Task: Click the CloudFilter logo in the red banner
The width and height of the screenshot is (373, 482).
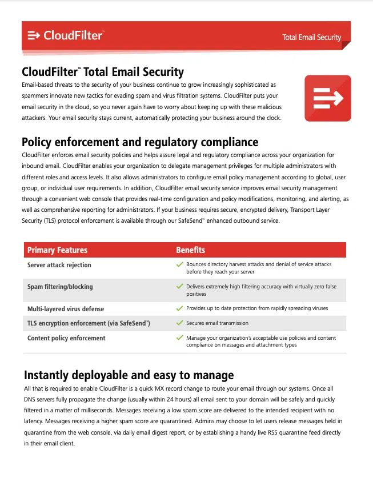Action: (x=65, y=36)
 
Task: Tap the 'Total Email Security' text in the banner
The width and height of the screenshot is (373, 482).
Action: (x=311, y=38)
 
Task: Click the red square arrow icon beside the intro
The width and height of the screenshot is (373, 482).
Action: (x=327, y=98)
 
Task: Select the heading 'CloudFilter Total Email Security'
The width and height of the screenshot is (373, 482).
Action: (x=103, y=72)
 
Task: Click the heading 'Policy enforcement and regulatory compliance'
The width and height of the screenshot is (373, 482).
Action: (x=140, y=142)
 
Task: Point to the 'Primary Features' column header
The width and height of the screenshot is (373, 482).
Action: (x=57, y=250)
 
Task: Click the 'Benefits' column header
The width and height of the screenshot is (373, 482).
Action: (x=190, y=250)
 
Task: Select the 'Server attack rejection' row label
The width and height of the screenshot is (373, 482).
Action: (x=59, y=265)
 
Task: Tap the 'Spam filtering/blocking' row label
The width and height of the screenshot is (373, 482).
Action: (x=60, y=287)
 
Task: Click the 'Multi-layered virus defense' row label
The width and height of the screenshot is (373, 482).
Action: (x=66, y=309)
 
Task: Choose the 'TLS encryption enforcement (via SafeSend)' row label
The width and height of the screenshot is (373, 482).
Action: (x=89, y=323)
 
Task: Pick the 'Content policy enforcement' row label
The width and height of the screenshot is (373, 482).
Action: (x=66, y=338)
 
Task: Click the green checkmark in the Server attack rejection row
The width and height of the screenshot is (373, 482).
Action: (x=179, y=265)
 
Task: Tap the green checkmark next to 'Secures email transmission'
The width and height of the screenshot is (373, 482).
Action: (x=179, y=323)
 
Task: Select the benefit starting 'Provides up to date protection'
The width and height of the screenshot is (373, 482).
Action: (x=257, y=308)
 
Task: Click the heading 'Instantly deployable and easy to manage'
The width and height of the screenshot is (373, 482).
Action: (x=129, y=375)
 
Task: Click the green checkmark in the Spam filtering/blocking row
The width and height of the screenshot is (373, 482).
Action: (x=179, y=287)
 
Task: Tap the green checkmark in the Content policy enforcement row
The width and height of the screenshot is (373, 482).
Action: (x=179, y=338)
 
